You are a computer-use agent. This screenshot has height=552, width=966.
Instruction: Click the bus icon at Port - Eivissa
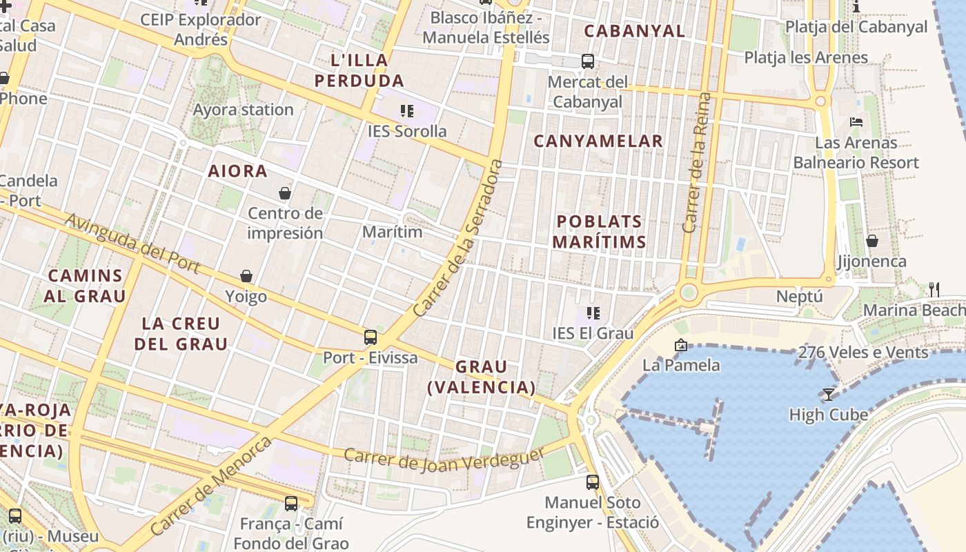click(371, 337)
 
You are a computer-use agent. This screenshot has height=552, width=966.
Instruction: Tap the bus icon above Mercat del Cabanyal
click(588, 61)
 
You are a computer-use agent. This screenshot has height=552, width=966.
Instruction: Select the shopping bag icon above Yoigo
click(246, 276)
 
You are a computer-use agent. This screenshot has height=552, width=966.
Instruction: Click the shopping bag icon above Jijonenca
click(872, 241)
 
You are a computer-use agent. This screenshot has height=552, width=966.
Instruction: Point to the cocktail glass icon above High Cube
click(829, 394)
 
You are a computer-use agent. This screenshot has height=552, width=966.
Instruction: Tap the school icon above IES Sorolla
click(407, 110)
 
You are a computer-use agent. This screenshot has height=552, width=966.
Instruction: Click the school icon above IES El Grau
click(593, 313)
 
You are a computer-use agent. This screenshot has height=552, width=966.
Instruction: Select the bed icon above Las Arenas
click(856, 122)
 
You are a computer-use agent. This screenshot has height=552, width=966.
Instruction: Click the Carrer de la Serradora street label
click(456, 239)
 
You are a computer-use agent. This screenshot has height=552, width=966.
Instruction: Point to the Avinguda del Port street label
click(132, 244)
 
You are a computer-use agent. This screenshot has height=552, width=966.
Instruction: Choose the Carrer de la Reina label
click(696, 163)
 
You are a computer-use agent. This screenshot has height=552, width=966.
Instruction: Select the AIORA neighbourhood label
click(238, 171)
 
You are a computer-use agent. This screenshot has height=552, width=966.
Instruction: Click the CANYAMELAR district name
click(598, 141)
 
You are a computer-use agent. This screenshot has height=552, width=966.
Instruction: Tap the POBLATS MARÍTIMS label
click(600, 232)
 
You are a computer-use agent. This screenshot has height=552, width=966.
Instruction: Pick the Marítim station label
click(392, 232)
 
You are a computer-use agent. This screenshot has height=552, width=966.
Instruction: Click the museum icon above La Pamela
click(681, 345)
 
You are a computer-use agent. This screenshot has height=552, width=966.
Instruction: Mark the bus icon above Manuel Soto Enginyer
click(593, 482)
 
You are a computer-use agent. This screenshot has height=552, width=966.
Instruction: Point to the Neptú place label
click(800, 297)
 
